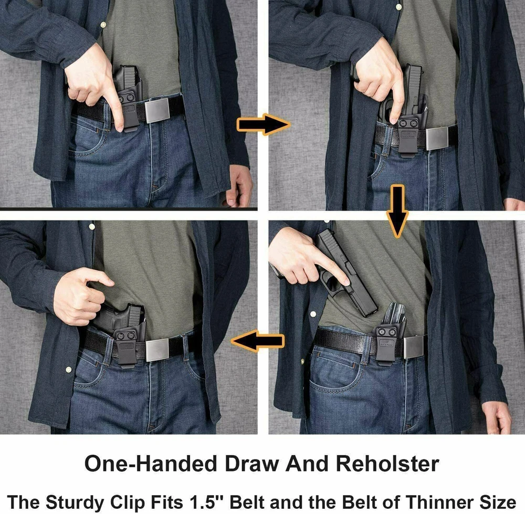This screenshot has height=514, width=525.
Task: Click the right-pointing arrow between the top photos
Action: (263, 124)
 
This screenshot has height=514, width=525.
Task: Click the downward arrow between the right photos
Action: (397, 211)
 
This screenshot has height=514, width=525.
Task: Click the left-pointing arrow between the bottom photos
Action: (257, 341)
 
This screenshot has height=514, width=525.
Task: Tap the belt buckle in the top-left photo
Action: (156, 110)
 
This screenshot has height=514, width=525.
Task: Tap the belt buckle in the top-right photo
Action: (437, 139)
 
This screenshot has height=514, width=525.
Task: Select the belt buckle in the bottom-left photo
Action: (157, 350)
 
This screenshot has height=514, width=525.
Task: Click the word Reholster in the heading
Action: (387, 464)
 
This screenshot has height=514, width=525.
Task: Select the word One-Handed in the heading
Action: (152, 464)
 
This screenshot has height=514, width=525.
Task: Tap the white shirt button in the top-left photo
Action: (103, 25)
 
